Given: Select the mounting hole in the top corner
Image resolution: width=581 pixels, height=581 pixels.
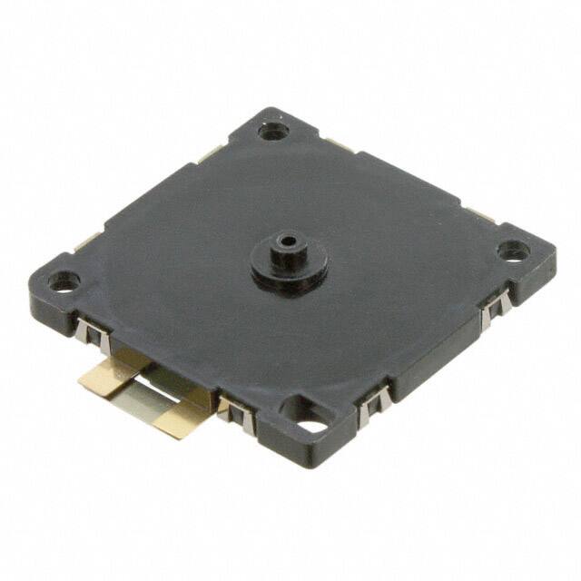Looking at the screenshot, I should [272, 131].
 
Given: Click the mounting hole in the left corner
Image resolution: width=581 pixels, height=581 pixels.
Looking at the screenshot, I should [63, 281].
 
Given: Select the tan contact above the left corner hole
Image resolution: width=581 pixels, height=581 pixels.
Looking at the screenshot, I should [88, 241].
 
